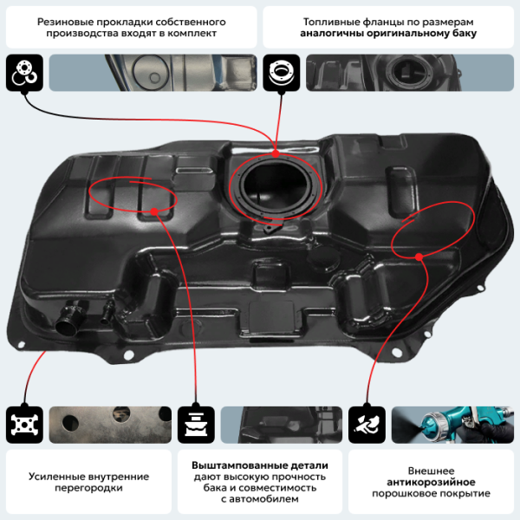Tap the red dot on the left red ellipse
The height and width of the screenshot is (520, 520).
(x=153, y=211)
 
